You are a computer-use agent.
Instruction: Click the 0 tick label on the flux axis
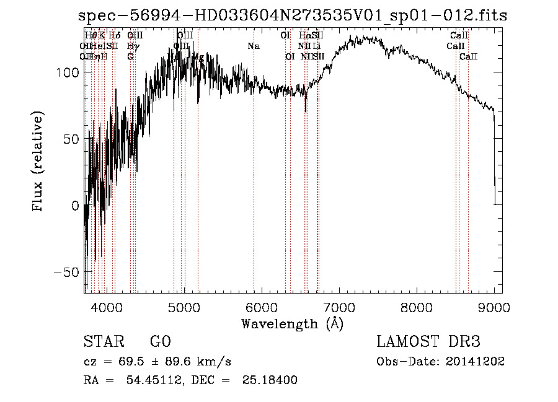76,206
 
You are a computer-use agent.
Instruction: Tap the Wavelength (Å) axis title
292,323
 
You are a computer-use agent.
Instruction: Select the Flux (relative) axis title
38,162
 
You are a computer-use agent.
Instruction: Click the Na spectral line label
253,46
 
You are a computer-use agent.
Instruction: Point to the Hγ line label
132,46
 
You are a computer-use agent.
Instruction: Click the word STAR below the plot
103,342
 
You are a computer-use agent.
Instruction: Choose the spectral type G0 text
160,342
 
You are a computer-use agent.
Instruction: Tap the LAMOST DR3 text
428,342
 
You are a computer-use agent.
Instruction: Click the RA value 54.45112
148,380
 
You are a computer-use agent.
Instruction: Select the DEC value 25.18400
272,380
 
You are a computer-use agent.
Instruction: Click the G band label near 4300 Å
130,56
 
